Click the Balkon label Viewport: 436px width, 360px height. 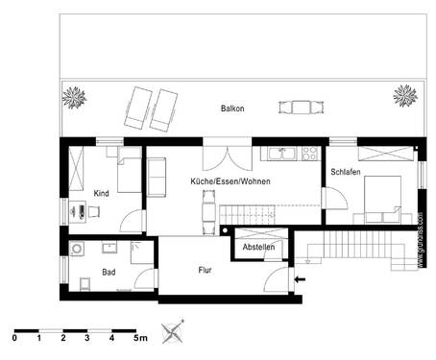231,108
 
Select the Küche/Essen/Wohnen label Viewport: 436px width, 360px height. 230,180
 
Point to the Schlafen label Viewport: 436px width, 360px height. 346,171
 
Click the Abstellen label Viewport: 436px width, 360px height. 258,248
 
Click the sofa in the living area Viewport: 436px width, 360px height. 156,176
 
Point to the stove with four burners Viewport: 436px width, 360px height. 309,152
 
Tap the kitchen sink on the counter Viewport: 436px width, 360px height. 280,152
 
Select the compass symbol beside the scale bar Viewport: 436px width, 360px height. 173,330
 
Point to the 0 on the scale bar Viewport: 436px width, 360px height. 15,338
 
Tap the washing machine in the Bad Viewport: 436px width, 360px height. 78,251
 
